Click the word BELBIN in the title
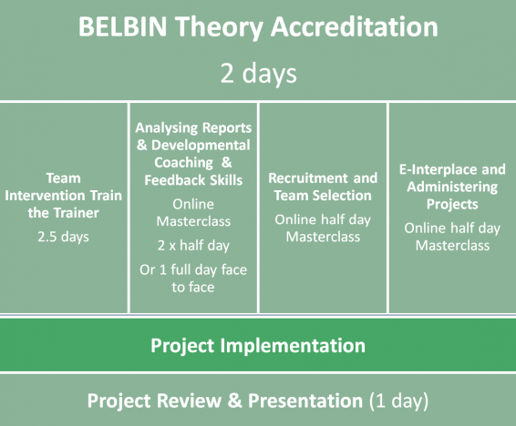122,26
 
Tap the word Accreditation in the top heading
354,26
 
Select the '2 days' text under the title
258,74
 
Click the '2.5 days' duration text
63,237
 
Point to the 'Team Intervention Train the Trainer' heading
63,196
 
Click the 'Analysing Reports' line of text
193,127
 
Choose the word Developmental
201,145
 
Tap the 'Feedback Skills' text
193,180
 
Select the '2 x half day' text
193,246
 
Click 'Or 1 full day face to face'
193,279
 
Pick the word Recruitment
308,178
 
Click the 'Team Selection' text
323,196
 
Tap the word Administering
452,187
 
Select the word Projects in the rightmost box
452,204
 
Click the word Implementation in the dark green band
293,346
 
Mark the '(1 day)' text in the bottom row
398,401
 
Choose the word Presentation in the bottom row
305,401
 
